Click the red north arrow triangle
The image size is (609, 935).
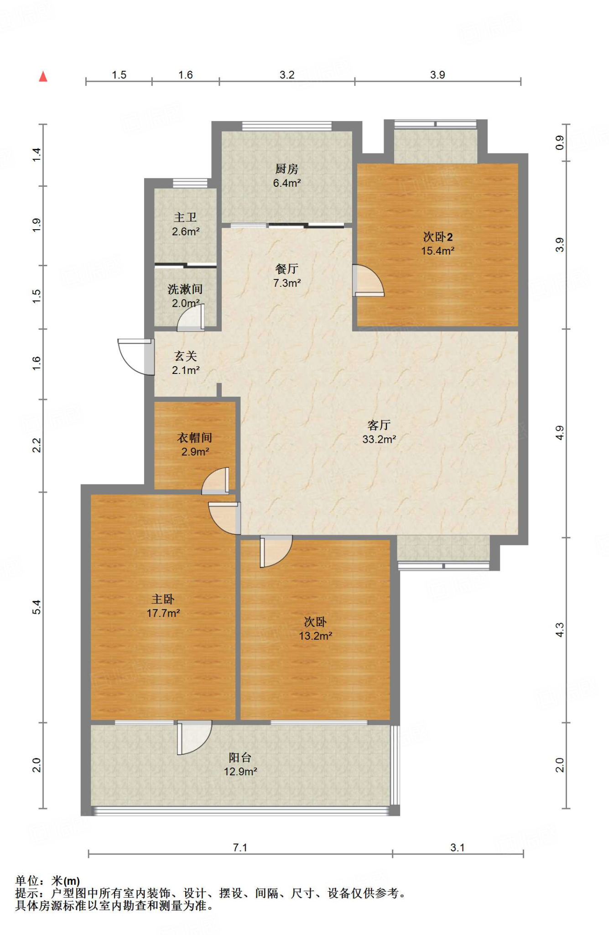point(43,76)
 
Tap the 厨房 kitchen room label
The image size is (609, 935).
point(286,169)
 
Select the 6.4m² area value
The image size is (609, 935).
point(286,183)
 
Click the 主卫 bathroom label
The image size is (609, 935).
point(185,217)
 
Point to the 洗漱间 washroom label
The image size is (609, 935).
point(185,289)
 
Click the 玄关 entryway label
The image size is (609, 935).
point(185,356)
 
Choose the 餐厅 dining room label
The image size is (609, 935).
point(286,269)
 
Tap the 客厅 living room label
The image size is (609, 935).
point(379,425)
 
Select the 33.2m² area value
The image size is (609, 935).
point(379,439)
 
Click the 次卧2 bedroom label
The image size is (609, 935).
point(437,236)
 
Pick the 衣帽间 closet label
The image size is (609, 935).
point(195,437)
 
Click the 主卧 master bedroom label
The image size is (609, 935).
point(163,599)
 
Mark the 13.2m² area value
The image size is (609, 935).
point(315,636)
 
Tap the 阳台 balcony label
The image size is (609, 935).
point(240,757)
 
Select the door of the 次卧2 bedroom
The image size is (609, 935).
point(368,280)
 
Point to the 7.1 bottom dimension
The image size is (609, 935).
point(240,847)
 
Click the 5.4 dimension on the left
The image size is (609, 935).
point(37,607)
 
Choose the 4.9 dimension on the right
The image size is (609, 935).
point(560,432)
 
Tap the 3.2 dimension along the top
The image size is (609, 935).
point(287,74)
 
